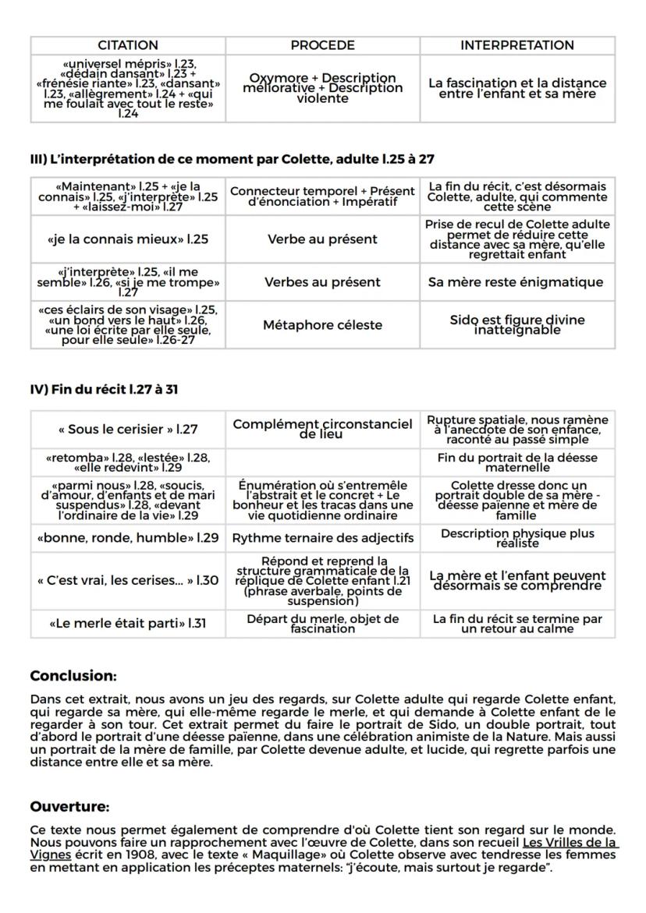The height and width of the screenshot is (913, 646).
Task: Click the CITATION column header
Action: (x=128, y=45)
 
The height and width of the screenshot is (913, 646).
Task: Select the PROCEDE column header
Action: (x=322, y=45)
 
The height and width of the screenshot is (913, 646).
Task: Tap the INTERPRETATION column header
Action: (x=516, y=45)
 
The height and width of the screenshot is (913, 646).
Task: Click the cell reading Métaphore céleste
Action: (x=323, y=324)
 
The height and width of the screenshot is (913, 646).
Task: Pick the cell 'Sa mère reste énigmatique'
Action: (x=516, y=281)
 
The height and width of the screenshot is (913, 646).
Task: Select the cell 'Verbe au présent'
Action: (x=323, y=239)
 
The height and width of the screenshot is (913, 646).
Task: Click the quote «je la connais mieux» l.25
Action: (x=128, y=239)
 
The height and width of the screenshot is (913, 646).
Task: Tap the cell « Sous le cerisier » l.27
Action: (x=128, y=429)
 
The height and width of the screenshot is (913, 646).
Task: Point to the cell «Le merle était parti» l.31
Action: (x=128, y=624)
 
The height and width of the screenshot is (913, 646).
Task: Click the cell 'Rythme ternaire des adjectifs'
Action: (x=323, y=538)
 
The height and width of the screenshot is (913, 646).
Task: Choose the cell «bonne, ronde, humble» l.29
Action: (x=128, y=538)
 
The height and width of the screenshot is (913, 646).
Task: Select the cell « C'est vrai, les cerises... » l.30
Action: (x=128, y=580)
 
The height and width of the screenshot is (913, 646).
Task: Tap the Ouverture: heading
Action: (x=69, y=805)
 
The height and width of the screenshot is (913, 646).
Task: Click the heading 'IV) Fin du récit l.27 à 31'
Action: (x=104, y=388)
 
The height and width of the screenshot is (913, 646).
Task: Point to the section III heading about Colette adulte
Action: (x=232, y=159)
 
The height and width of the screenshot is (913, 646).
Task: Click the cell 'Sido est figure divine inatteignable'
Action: (x=516, y=324)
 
